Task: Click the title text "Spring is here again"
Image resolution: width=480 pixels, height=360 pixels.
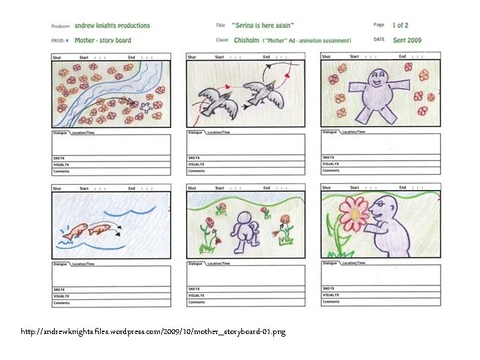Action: click(263, 25)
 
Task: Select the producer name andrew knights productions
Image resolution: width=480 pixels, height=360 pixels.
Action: click(112, 25)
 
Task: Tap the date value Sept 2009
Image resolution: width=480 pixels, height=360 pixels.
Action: click(407, 40)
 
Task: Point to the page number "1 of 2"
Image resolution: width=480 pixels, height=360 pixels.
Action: click(400, 25)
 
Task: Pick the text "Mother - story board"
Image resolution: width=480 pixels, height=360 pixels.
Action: click(103, 40)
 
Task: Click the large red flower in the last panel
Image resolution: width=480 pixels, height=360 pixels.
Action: click(353, 213)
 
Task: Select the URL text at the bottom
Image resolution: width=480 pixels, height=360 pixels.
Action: click(153, 331)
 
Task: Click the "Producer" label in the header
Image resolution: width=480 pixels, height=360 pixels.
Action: click(61, 26)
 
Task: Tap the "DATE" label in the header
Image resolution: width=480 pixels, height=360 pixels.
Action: click(379, 40)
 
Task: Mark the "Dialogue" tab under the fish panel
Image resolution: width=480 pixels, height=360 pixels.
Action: click(60, 264)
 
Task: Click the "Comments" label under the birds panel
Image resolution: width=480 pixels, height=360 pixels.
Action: click(197, 171)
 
